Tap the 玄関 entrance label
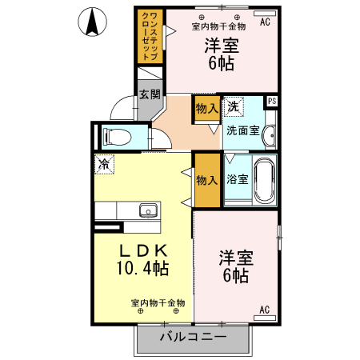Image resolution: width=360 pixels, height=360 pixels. tap(150, 94)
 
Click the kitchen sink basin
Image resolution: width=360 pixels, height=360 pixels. tap(147, 211)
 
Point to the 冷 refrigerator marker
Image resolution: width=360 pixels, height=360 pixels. tap(104, 164)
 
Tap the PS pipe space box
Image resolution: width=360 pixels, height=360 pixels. tap(272, 101)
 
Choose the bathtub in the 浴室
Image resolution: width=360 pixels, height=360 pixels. tap(264, 180)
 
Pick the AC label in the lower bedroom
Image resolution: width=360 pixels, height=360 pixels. tap(265, 309)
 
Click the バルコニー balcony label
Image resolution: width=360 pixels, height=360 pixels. tap(192, 337)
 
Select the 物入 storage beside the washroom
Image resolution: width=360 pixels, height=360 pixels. tap(206, 108)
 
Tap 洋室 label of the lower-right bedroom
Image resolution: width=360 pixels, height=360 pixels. tap(236, 258)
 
